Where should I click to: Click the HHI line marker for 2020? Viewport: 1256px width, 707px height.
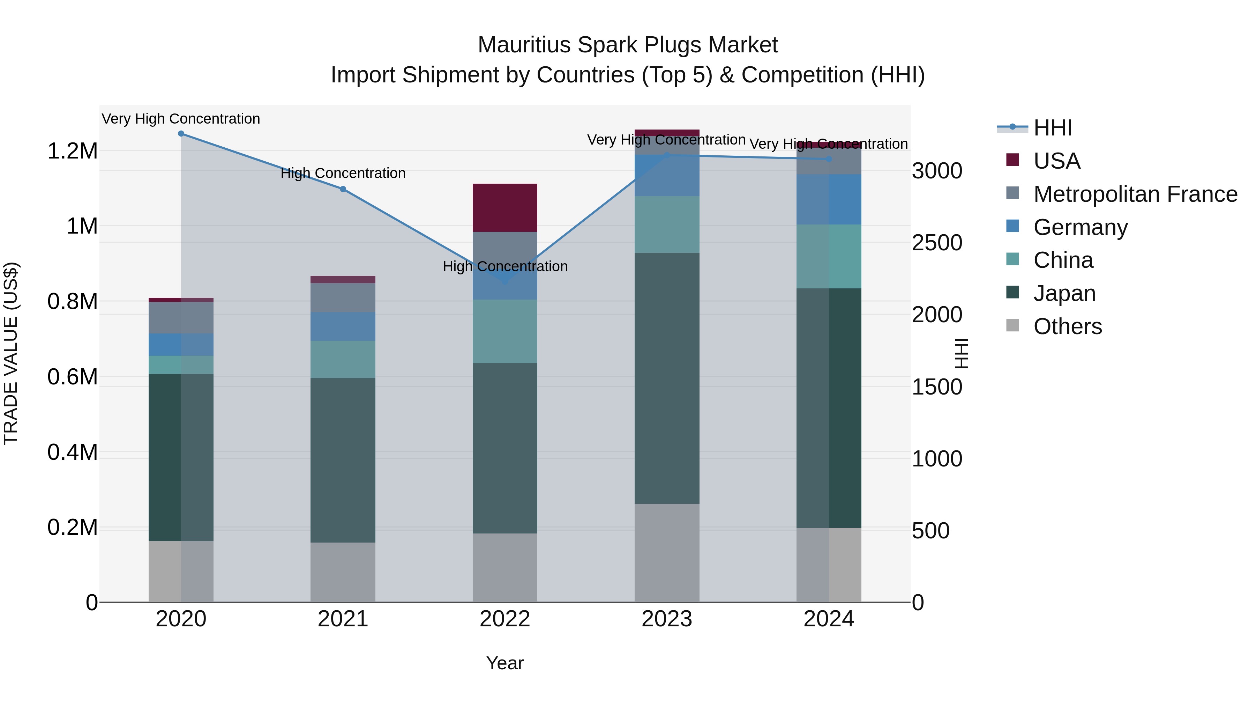(x=181, y=134)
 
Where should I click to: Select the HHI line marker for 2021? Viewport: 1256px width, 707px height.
(x=343, y=189)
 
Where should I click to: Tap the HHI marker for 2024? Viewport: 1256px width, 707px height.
(x=829, y=160)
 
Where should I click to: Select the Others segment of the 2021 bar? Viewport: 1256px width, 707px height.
(x=343, y=572)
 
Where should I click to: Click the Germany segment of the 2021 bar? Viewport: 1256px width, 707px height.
(x=343, y=326)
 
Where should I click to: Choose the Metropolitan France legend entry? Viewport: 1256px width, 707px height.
(x=1135, y=194)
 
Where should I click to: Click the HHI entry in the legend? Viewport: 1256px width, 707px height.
(x=1052, y=128)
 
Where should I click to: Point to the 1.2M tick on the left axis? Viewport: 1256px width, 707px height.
(x=72, y=151)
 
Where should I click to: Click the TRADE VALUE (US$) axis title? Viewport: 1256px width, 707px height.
(x=11, y=353)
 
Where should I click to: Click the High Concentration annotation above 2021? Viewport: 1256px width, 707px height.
(x=343, y=173)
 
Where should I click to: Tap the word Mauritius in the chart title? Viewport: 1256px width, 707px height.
(x=524, y=45)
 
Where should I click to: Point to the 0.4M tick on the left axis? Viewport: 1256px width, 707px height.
(x=72, y=452)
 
